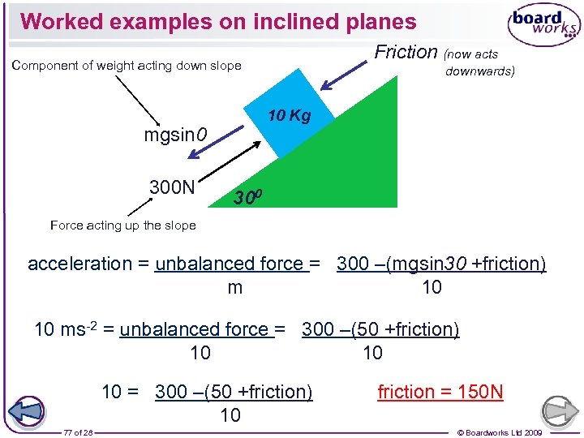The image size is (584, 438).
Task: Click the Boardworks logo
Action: click(x=544, y=26)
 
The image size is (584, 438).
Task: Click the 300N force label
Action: click(x=172, y=187)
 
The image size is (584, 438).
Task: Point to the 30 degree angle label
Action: click(x=247, y=196)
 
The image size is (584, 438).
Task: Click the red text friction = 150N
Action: click(x=440, y=393)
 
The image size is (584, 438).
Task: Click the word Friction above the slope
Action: click(x=406, y=52)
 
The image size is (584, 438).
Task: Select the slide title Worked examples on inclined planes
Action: click(x=218, y=22)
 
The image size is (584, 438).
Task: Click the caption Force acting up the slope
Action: click(x=122, y=225)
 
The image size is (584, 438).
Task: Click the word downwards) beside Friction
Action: click(x=480, y=71)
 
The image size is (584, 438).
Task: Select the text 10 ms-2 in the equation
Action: click(x=74, y=329)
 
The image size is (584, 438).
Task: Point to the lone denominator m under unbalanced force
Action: click(x=234, y=287)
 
